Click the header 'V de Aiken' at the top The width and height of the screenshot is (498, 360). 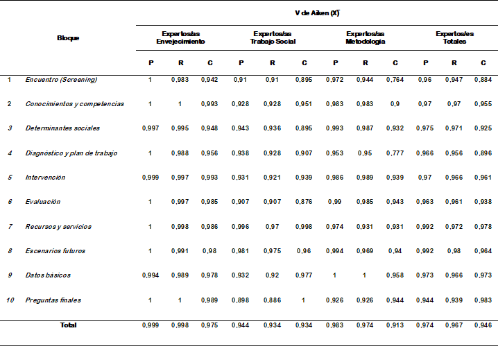[x=315, y=12]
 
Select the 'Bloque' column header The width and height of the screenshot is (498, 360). [x=68, y=37]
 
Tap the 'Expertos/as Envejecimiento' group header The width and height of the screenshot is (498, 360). [x=180, y=37]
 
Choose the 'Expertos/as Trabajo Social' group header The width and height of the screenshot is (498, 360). [x=273, y=37]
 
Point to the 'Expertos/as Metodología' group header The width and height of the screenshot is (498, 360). [x=366, y=37]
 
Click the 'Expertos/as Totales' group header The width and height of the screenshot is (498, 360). [x=455, y=37]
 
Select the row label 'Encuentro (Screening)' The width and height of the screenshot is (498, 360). [x=61, y=80]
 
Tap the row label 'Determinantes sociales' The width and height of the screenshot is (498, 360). [x=62, y=128]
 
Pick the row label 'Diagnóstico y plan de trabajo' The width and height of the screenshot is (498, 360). [x=71, y=153]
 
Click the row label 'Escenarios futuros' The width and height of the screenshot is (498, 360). [x=55, y=250]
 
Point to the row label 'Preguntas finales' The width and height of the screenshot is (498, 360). [x=53, y=300]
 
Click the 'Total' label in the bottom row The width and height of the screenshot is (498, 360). [x=68, y=325]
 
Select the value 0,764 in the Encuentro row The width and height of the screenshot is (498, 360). [x=395, y=80]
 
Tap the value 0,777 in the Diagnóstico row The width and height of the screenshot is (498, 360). [x=395, y=153]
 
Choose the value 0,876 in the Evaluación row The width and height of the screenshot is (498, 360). [x=304, y=202]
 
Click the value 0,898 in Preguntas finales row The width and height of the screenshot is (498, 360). [x=241, y=300]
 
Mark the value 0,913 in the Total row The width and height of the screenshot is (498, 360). [x=395, y=325]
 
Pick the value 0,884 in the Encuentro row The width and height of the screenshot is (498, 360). [x=483, y=80]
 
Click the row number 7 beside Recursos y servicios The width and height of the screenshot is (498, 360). [x=9, y=226]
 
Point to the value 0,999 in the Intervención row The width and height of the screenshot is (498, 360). [x=151, y=178]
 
